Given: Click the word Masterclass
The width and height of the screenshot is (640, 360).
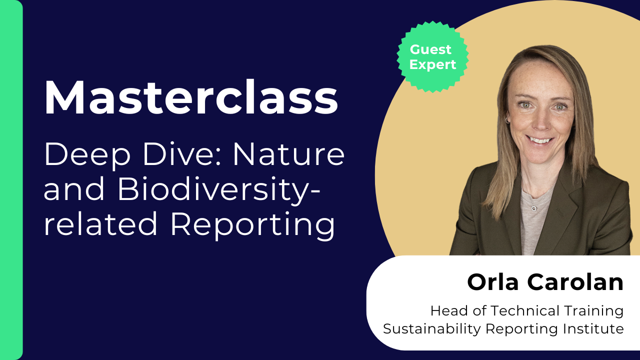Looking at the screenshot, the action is click(191, 97).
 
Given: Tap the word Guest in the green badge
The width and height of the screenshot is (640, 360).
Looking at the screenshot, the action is click(430, 49).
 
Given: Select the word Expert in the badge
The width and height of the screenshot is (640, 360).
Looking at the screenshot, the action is click(432, 65).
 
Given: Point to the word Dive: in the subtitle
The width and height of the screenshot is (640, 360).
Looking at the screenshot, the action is click(182, 154).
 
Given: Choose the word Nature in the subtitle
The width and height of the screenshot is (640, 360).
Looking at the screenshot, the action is click(289, 155).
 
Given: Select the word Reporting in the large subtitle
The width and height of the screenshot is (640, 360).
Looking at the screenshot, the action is click(253, 225).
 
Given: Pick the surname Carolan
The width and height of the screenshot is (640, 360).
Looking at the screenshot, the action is click(575, 282).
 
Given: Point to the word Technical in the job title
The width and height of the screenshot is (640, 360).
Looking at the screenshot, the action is click(524, 311).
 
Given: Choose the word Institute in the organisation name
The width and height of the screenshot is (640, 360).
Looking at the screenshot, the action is click(593, 329).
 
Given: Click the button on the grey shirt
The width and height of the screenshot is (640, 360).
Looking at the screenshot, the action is click(534, 208).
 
